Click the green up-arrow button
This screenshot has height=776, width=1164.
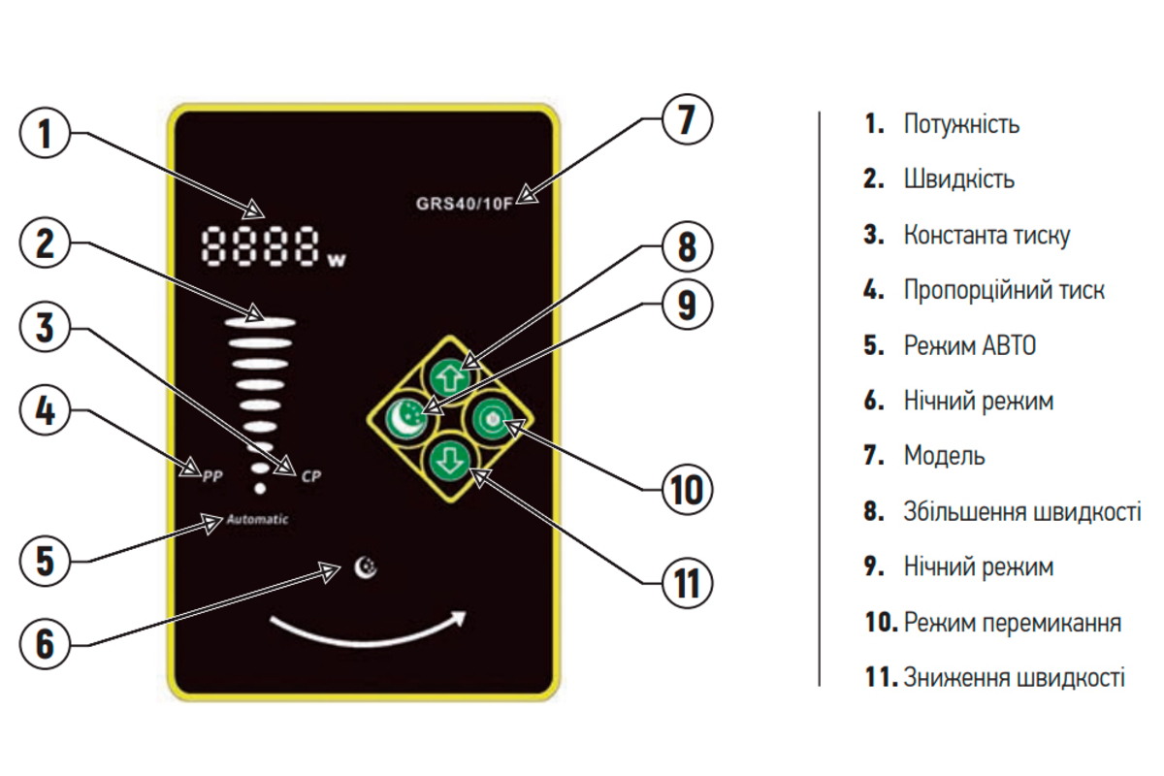tap(449, 372)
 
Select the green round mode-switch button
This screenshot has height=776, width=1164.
tap(492, 418)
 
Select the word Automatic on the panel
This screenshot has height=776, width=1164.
tap(258, 519)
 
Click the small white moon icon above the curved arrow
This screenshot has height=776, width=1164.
tap(366, 567)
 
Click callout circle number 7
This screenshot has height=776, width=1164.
tap(687, 120)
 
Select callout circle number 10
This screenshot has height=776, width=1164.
tap(687, 488)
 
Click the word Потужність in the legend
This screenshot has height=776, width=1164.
tap(961, 124)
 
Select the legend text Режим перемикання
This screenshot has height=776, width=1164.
tap(1013, 622)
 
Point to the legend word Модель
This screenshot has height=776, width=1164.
tap(944, 455)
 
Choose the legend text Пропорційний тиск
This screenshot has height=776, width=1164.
tap(1004, 290)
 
